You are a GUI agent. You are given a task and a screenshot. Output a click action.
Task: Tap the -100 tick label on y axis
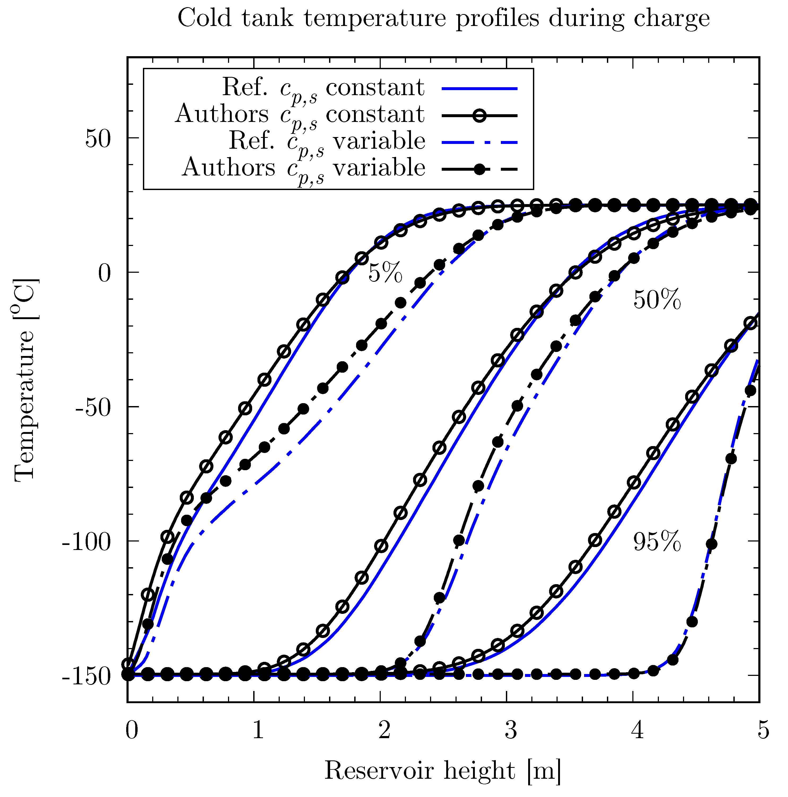pyautogui.click(x=87, y=542)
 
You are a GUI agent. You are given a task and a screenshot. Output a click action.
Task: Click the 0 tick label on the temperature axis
pyautogui.click(x=105, y=273)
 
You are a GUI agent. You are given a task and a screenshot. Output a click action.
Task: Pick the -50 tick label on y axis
pyautogui.click(x=93, y=408)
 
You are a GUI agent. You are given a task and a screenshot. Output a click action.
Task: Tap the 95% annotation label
pyautogui.click(x=657, y=542)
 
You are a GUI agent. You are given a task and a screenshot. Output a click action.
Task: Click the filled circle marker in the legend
pyautogui.click(x=479, y=169)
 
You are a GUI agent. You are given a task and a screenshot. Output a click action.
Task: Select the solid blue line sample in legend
pyautogui.click(x=479, y=88)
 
